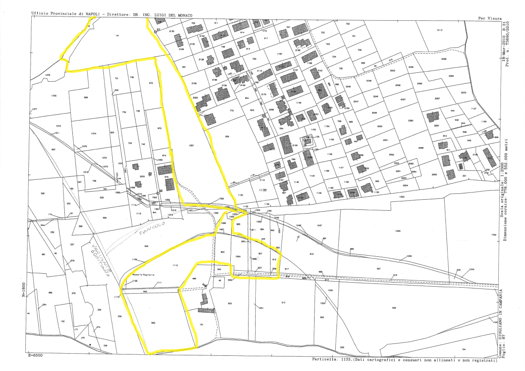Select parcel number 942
pyautogui.click(x=153, y=323)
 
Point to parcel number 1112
pyautogui.click(x=175, y=265)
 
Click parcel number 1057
pyautogui.click(x=191, y=146)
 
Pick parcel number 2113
pyautogui.click(x=439, y=30)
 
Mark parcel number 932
pyautogui.click(x=394, y=308)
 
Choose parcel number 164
pyautogui.click(x=464, y=349)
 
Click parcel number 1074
pyautogui.click(x=94, y=134)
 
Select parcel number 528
pyautogui.click(x=86, y=97)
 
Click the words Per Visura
pyautogui.click(x=490, y=18)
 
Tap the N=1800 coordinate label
pyautogui.click(x=24, y=288)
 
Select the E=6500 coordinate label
pyautogui.click(x=36, y=356)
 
